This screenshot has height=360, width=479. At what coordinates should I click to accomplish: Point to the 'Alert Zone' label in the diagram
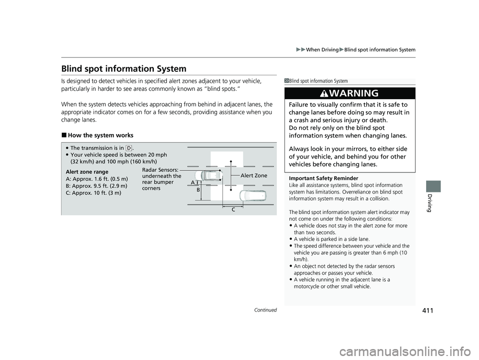(x=254, y=176)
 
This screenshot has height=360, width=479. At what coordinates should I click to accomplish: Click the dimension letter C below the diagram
(x=233, y=210)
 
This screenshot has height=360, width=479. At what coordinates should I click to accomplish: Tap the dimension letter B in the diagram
(x=198, y=190)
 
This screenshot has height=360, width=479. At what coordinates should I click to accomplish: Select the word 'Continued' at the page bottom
(x=265, y=310)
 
